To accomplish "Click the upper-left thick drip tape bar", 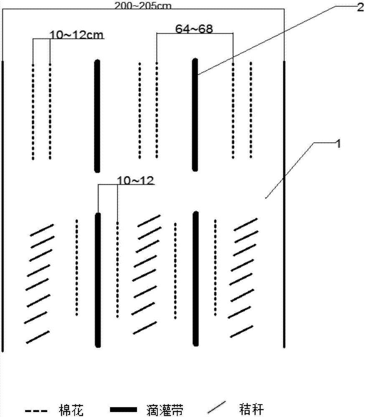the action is [97, 116].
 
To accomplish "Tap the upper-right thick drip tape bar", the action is [195, 115].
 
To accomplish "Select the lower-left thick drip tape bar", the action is [98, 280].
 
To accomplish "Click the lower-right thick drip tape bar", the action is [195, 279].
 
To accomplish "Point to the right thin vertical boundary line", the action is [284, 204].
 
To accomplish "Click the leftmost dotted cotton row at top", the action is [33, 112].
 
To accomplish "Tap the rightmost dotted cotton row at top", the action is [251, 111].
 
